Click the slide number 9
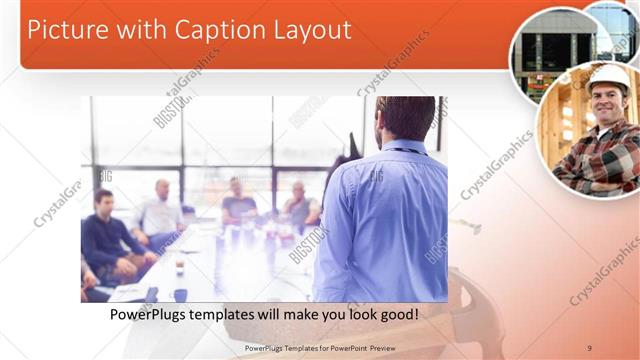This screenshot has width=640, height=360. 590,348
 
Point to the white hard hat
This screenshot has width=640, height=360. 608,76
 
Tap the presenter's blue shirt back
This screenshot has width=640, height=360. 380,220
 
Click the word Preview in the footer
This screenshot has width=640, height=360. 393,348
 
